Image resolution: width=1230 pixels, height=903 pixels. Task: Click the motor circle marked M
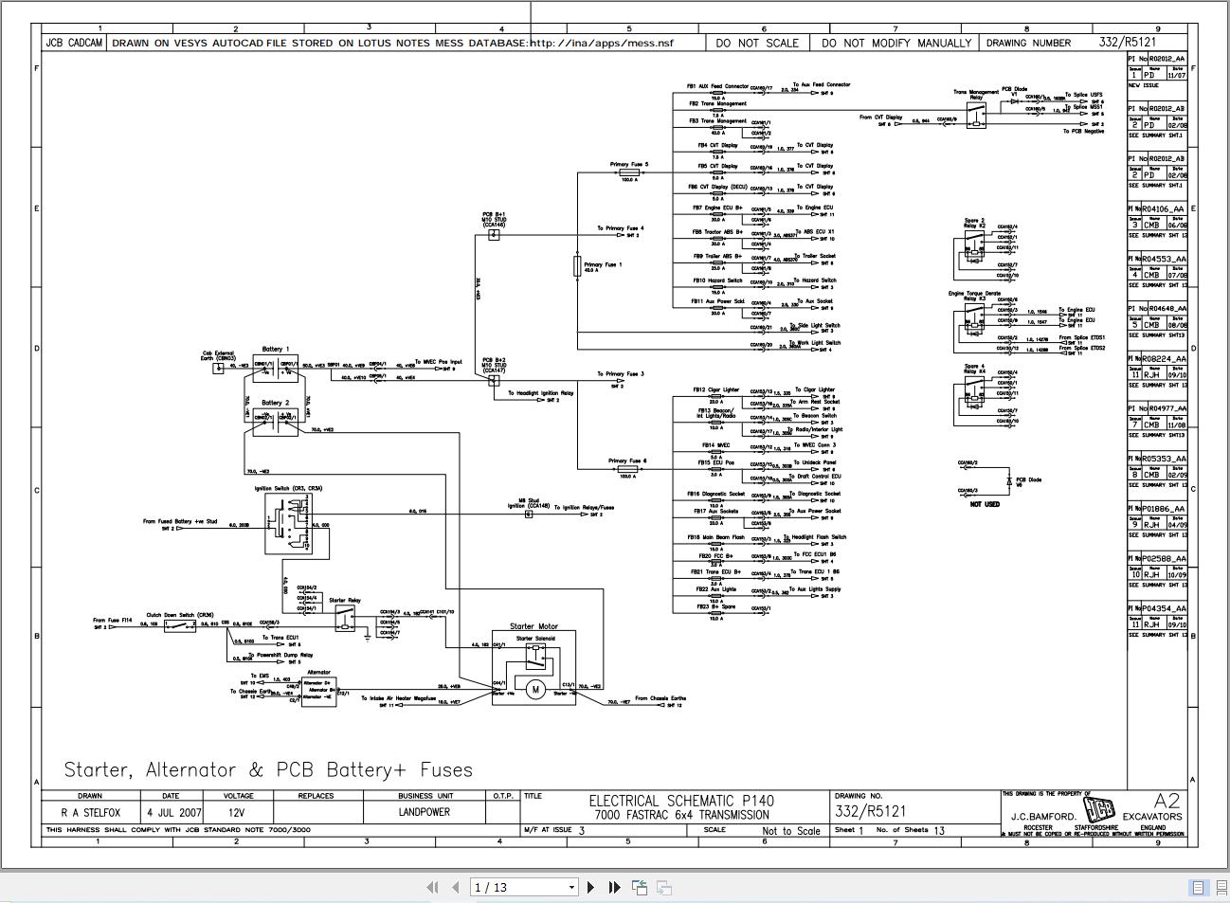point(535,689)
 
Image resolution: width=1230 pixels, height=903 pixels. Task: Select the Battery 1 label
point(275,349)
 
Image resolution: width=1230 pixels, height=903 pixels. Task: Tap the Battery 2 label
point(275,403)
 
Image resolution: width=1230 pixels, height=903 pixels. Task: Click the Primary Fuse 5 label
point(628,165)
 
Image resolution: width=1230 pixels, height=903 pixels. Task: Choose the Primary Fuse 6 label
point(627,461)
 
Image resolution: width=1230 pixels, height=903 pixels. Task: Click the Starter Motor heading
point(534,626)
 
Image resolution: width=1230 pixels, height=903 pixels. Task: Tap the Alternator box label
point(318,672)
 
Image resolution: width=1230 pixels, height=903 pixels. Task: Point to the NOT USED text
point(985,504)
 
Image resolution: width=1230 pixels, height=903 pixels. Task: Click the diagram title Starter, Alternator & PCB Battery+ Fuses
point(268,769)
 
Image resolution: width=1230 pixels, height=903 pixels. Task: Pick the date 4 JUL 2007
point(174,812)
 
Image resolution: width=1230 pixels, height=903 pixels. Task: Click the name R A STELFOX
point(91,812)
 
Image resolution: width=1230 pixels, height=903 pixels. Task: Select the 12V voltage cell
point(236,812)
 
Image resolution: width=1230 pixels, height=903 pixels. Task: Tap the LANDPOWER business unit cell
point(424,812)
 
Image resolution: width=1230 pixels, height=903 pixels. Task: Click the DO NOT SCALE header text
point(757,43)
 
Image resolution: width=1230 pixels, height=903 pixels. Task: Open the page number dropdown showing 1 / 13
point(526,887)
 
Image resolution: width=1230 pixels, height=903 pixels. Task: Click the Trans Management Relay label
point(976,95)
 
